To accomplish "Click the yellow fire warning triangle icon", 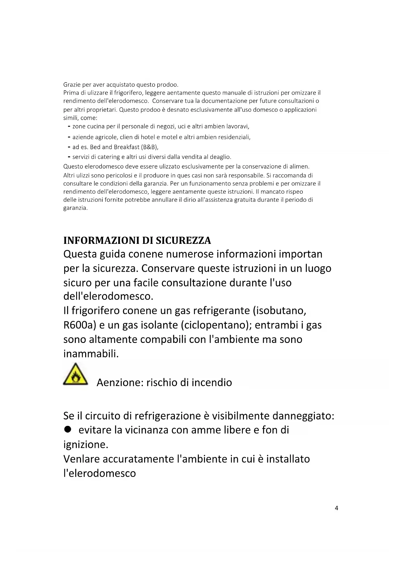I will (75, 374).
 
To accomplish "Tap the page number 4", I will (336, 508).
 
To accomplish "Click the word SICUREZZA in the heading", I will (183, 241).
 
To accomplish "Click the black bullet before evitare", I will (67, 429).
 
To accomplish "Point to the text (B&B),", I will (150, 147).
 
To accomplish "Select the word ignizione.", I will (86, 445).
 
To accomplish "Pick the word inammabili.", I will (91, 354).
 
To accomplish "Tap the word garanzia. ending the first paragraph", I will (75, 208).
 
